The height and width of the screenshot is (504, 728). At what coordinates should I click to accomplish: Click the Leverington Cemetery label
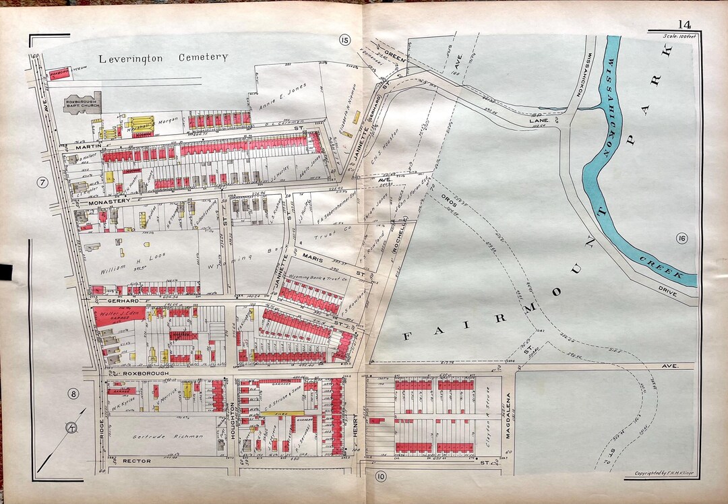164,58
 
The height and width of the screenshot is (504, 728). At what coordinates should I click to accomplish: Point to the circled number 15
345,41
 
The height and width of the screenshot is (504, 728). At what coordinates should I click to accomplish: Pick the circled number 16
681,239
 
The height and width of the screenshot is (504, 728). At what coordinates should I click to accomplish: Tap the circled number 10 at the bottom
381,478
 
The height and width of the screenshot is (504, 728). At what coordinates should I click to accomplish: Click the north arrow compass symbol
71,427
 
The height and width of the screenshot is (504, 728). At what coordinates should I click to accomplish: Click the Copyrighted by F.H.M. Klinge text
664,474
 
